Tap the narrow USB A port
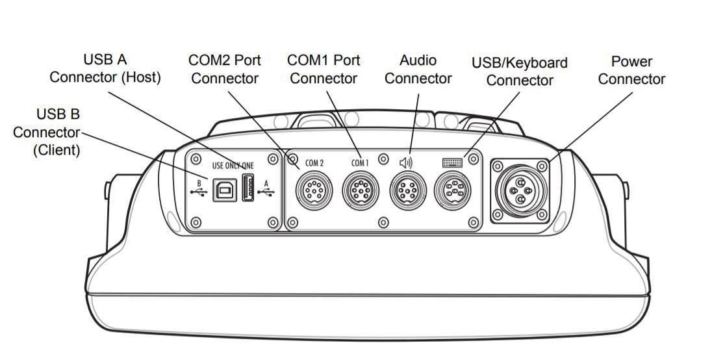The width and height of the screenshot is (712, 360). [248, 188]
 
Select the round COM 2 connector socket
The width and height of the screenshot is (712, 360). [314, 191]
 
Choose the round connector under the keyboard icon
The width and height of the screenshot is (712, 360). [453, 191]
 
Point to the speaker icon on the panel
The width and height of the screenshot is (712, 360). [406, 162]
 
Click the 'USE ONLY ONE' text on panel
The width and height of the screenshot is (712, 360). [233, 166]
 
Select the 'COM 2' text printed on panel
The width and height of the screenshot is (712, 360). [314, 163]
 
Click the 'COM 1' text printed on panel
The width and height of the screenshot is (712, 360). [360, 163]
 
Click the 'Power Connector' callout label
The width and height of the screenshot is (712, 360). [631, 70]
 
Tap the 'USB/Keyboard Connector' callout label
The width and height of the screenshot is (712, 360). [519, 71]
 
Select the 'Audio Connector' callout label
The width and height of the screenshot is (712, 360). [418, 70]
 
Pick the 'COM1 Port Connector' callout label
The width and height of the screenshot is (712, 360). [324, 70]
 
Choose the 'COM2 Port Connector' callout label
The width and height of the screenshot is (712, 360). [225, 70]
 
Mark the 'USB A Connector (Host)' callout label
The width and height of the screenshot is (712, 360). [105, 68]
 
